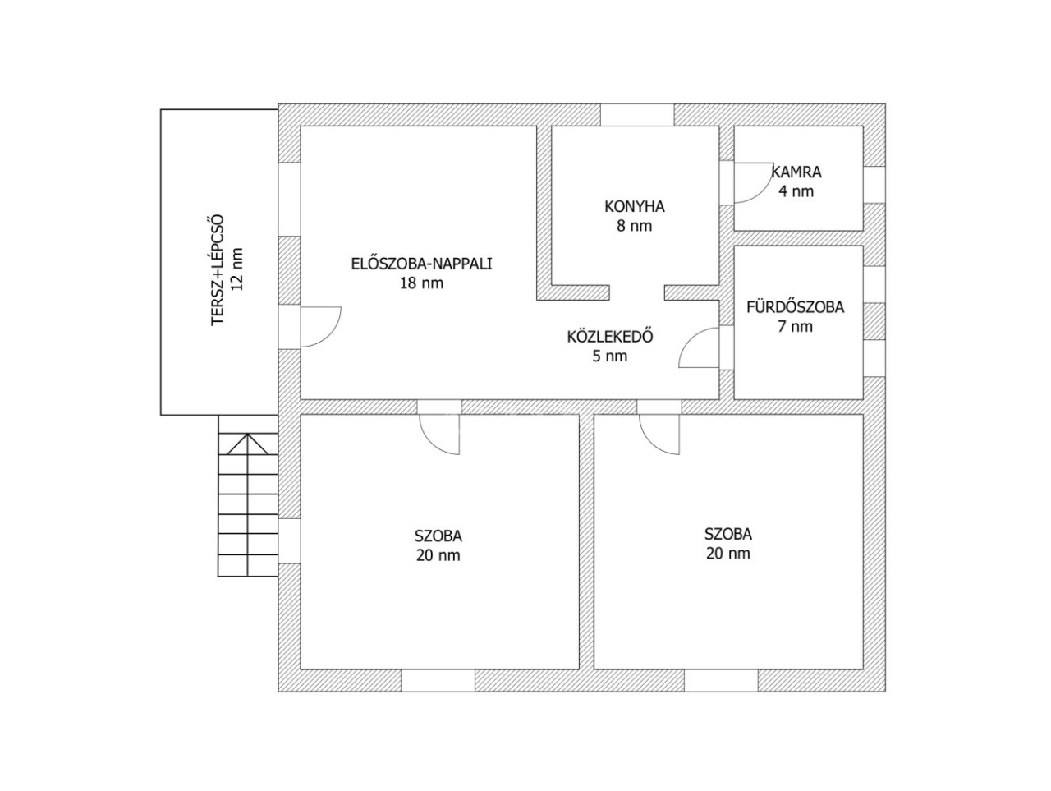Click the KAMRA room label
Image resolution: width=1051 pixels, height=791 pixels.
pos(796,172)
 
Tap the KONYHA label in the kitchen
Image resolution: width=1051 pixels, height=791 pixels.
pos(635,206)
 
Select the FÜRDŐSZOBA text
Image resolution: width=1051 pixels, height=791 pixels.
pos(796,307)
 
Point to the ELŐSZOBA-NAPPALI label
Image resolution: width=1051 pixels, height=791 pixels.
pos(421,264)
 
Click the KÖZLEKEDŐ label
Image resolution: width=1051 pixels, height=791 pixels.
pos(610,337)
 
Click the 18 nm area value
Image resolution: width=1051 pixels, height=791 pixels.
pos(421,283)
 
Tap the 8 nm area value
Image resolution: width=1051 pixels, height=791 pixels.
pos(635,226)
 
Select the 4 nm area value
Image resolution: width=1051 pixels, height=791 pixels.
pos(796,191)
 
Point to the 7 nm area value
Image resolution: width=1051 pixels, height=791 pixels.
pos(796,327)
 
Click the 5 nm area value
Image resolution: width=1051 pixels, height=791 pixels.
pos(610,356)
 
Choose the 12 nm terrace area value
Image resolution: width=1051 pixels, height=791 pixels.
pos(237,269)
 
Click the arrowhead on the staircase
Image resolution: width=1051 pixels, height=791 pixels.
pos(247,444)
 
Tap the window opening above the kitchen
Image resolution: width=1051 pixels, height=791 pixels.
pos(637,115)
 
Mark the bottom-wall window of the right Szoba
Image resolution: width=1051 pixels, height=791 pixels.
pos(721,680)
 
